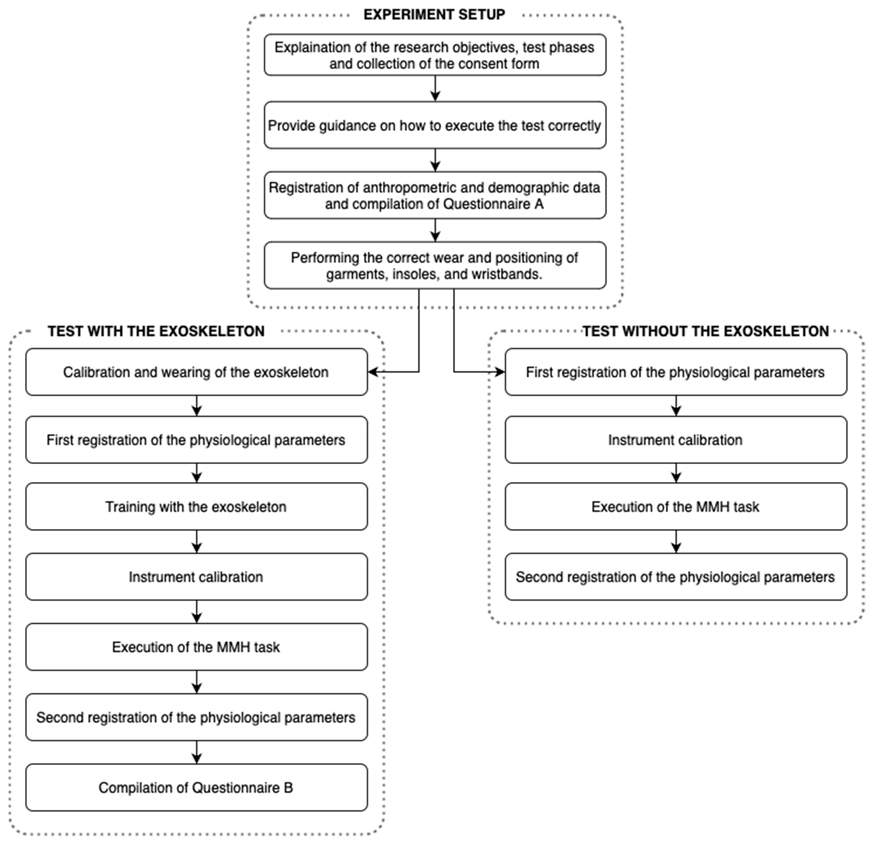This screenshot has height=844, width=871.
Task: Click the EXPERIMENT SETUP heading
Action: (434, 15)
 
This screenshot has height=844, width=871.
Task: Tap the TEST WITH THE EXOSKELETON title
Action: (156, 331)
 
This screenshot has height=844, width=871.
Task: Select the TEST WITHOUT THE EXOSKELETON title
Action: (706, 331)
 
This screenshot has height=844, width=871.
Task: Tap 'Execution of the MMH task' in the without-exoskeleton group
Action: (676, 507)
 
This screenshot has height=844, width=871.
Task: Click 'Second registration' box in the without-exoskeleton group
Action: (676, 577)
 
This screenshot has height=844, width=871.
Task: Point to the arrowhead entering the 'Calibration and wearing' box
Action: (373, 372)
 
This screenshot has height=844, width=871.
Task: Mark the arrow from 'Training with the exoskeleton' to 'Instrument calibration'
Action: (196, 542)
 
